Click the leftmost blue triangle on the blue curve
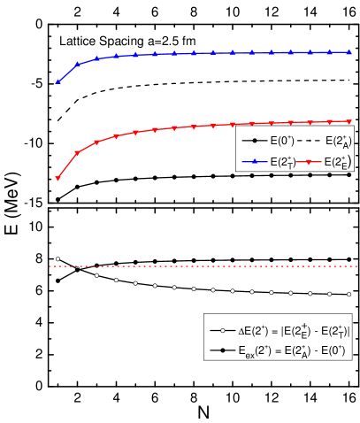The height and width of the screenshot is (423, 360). tap(58, 81)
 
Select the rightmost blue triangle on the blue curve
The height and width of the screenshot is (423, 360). tap(349, 52)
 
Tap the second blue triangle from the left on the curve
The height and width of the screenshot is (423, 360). tap(78, 64)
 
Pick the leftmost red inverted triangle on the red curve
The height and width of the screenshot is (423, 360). tap(58, 179)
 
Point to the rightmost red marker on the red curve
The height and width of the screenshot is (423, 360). tap(349, 121)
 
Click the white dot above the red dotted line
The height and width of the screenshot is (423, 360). tap(58, 259)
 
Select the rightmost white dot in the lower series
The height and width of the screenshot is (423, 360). tap(349, 294)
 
